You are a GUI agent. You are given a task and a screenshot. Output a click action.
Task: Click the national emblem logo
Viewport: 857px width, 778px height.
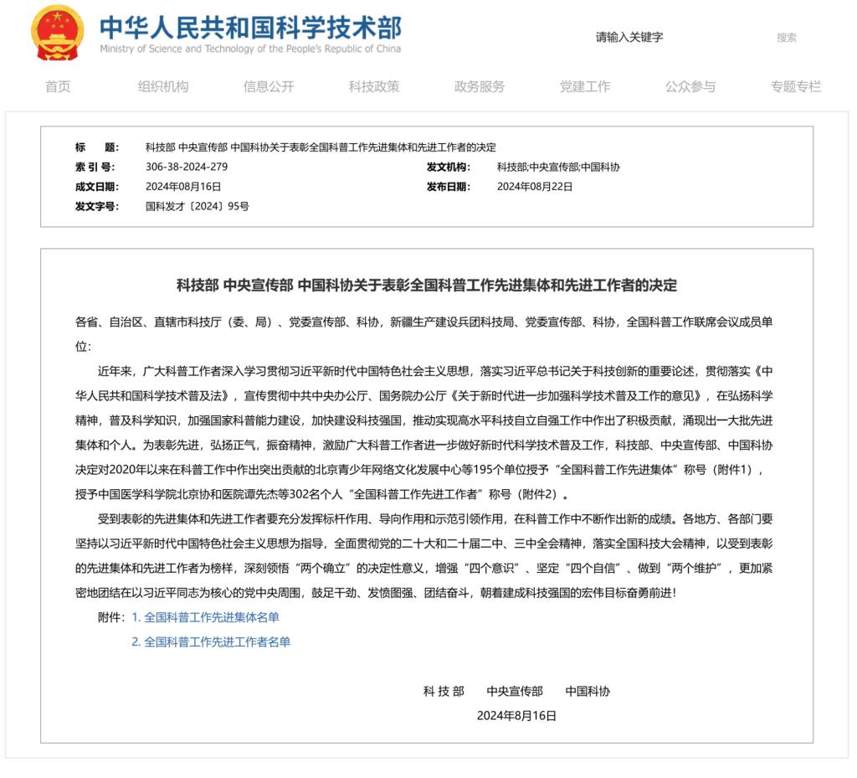coord(58,33)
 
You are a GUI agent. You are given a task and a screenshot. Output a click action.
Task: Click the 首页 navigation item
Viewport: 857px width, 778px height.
coord(58,86)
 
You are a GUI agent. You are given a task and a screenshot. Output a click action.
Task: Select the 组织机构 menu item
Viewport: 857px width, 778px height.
coord(163,86)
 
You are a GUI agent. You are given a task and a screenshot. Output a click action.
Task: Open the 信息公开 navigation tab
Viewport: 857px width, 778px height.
coord(269,86)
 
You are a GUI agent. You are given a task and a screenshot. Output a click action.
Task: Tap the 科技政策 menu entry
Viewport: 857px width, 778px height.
coord(374,86)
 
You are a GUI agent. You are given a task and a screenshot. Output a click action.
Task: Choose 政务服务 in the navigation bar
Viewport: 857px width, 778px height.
coord(480,86)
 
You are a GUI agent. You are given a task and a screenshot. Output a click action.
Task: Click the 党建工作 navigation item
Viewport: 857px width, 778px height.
coord(585,86)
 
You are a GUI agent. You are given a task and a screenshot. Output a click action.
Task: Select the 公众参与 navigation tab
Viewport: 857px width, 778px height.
coord(690,86)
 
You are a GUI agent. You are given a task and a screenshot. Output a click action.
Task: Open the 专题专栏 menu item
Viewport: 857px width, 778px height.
coord(796,86)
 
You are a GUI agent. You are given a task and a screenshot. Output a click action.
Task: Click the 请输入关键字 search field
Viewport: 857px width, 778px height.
coord(661,37)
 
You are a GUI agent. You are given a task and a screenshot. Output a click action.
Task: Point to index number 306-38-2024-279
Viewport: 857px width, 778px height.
coord(187,167)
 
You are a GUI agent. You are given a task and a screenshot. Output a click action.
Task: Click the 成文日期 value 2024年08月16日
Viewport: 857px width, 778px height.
coord(183,187)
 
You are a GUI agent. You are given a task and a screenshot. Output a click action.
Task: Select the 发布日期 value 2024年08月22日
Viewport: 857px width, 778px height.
coord(535,187)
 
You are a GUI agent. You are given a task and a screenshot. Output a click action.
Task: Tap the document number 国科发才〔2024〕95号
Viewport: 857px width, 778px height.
coord(198,206)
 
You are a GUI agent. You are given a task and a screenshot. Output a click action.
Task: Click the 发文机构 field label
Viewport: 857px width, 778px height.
coord(449,167)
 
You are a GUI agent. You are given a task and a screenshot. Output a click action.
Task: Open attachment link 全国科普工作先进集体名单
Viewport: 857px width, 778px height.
coord(211,617)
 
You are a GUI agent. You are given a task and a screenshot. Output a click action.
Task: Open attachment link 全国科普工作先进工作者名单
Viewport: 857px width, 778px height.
coord(216,642)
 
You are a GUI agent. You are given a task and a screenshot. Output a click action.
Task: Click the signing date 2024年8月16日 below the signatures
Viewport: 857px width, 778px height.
coord(516,716)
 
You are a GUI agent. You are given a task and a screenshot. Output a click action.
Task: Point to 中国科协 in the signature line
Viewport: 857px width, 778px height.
coord(588,692)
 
